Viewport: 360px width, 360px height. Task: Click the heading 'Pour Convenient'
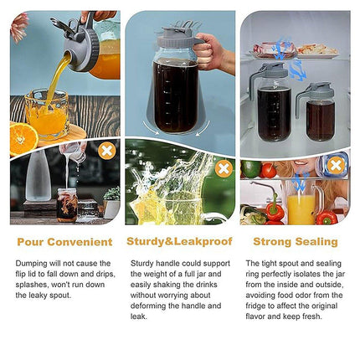tap(65, 242)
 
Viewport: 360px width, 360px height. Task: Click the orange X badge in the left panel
tap(106, 152)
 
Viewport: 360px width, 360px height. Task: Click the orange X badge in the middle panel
tap(223, 168)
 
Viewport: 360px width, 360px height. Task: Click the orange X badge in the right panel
tap(336, 164)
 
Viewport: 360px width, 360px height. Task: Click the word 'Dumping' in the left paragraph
tap(32, 262)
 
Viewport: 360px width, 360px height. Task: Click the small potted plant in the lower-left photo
tap(111, 201)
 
